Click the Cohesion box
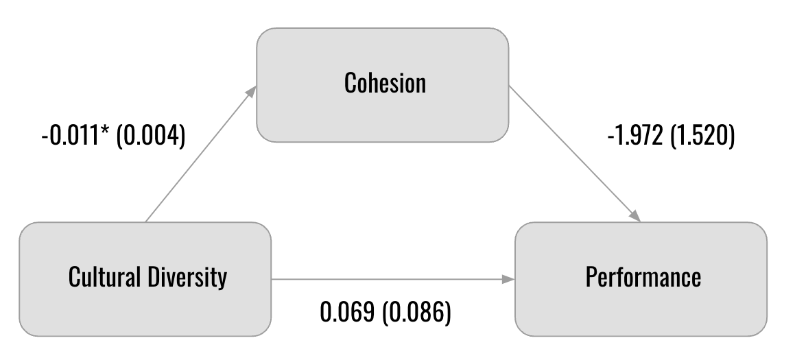tap(382, 85)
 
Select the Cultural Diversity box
tap(145, 279)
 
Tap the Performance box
tap(641, 279)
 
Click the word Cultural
tap(104, 277)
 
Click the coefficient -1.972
tap(635, 136)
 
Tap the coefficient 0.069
tap(347, 312)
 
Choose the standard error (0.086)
tap(416, 312)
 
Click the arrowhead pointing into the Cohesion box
tap(251, 92)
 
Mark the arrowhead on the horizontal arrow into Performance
tap(508, 279)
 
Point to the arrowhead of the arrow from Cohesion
tap(635, 215)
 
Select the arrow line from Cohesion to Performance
tap(575, 154)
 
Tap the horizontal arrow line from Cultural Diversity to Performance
tap(393, 279)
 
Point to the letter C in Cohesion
tap(351, 83)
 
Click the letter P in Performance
tap(592, 277)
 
